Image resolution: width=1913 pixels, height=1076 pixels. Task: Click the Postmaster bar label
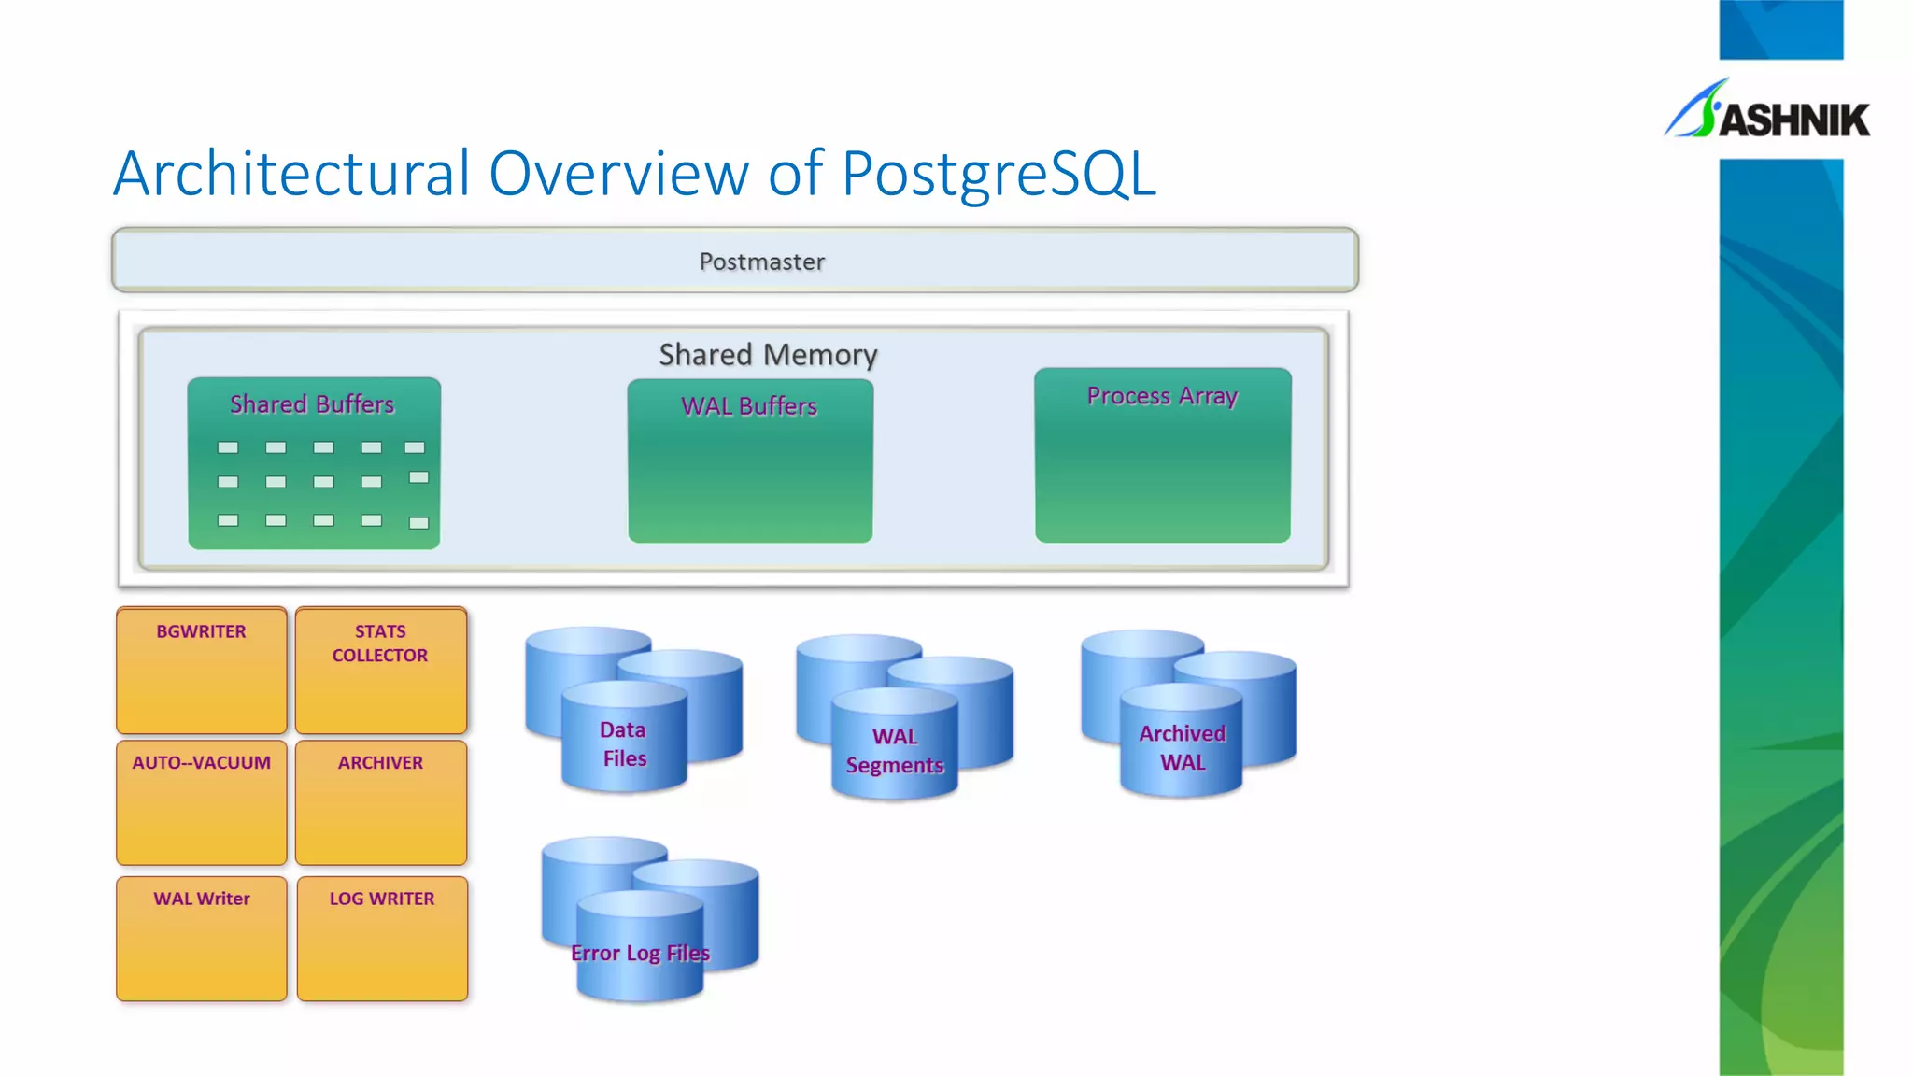click(761, 262)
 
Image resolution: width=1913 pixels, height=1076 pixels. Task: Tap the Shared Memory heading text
click(768, 355)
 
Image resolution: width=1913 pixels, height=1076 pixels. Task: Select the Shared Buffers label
click(312, 404)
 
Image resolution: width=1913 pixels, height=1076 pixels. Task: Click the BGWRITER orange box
click(202, 671)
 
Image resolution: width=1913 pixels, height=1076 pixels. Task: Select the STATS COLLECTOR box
click(380, 671)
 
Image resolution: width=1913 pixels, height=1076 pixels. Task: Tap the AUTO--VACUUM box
click(202, 802)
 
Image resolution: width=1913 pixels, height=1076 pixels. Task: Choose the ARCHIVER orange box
click(380, 802)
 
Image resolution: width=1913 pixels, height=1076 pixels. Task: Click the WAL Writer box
click(202, 938)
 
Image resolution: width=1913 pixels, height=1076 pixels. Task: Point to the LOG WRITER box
click(382, 938)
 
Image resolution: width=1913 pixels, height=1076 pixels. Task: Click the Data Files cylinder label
click(623, 743)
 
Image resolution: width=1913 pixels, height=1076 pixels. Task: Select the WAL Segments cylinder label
click(895, 751)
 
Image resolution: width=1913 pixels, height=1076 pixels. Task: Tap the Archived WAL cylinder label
click(1182, 747)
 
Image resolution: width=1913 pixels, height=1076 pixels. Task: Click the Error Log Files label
click(640, 953)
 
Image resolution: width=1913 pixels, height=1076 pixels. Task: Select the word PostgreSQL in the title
click(999, 174)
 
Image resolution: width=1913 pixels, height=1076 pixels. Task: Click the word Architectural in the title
click(291, 174)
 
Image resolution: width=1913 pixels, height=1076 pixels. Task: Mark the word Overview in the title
click(618, 174)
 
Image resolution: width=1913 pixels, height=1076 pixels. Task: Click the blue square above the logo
click(1780, 29)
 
